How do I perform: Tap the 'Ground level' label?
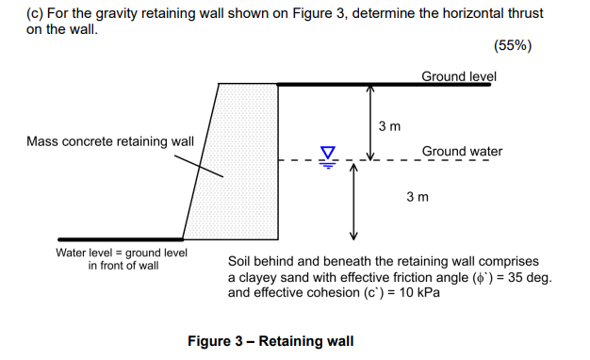click(458, 75)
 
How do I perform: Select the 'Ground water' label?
click(462, 151)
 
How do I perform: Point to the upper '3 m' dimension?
click(389, 125)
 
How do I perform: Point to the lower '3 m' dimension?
click(417, 197)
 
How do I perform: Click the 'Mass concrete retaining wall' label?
click(110, 141)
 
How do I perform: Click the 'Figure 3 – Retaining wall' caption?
click(270, 340)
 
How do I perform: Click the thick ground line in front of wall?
click(120, 239)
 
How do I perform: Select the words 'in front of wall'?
click(123, 266)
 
